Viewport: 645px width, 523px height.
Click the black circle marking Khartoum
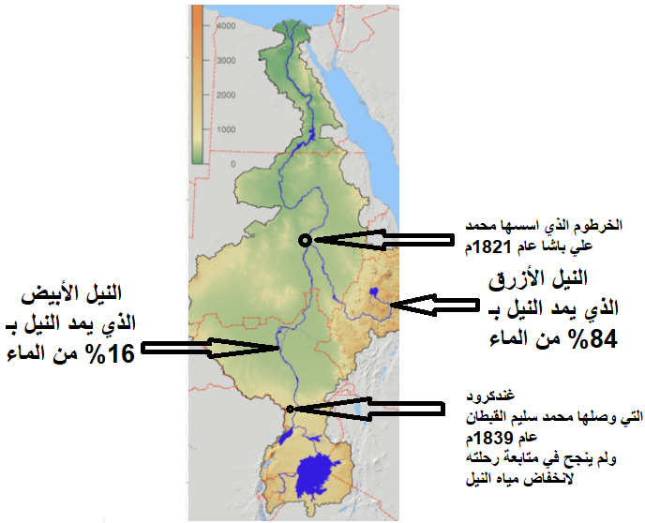304,240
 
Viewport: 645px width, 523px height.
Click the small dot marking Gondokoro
291,409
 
